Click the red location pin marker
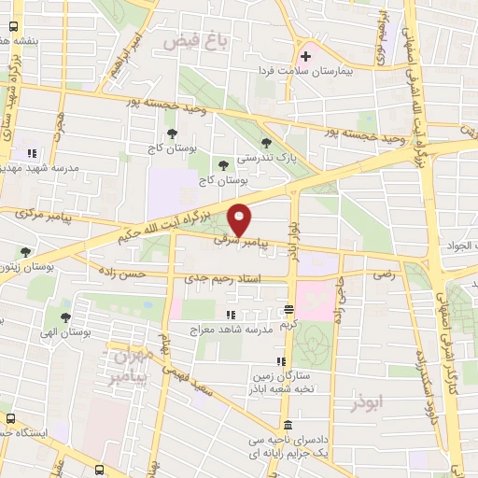point(241,218)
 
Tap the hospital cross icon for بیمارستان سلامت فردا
point(305,57)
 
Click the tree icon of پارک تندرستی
point(268,142)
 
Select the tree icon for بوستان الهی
point(65,318)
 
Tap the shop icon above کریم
point(289,309)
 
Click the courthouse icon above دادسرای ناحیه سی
point(287,425)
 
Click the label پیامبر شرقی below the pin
point(247,241)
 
